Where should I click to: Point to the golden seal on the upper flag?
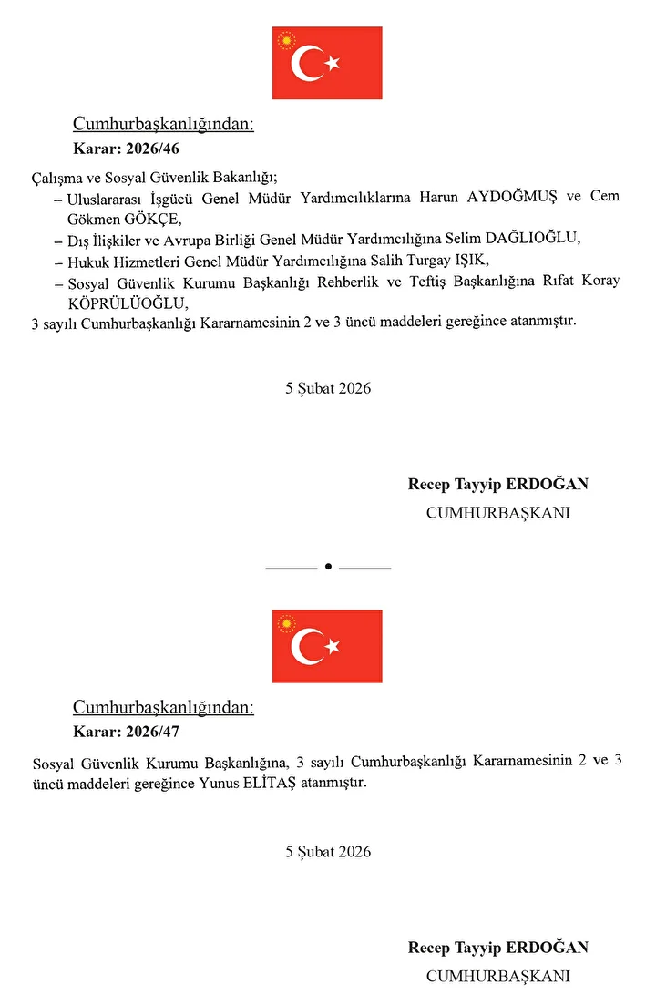tap(288, 41)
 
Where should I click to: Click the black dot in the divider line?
tap(328, 567)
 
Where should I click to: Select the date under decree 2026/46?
tap(328, 388)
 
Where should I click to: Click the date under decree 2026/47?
tap(328, 852)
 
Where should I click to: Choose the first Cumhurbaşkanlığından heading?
tap(163, 125)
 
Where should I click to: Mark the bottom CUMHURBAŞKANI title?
tap(498, 976)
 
